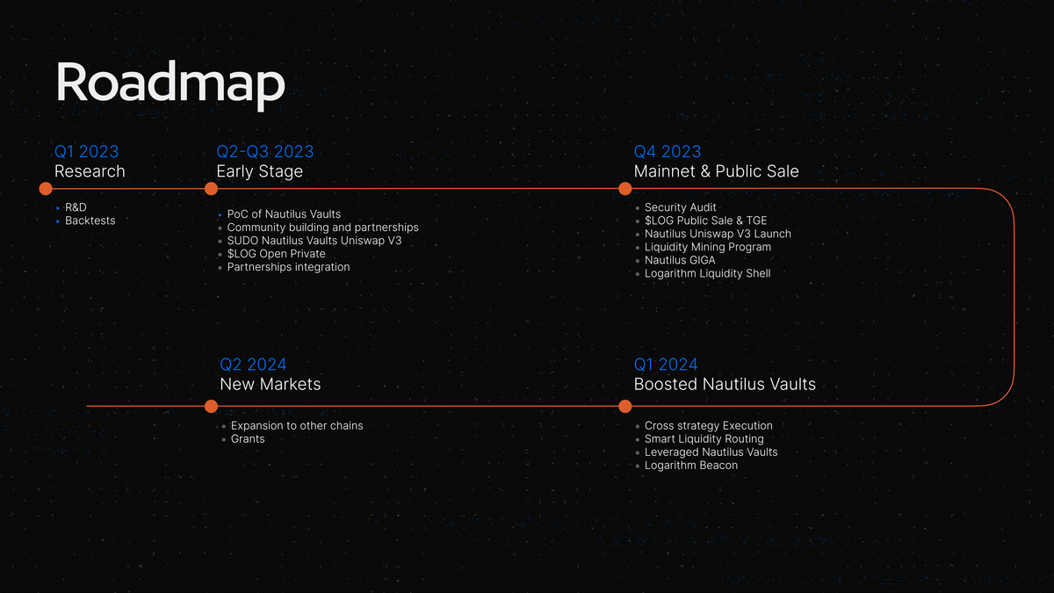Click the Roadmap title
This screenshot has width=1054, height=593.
pos(170,84)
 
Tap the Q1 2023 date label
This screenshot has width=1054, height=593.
pos(87,151)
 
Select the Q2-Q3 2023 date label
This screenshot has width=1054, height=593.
pos(265,151)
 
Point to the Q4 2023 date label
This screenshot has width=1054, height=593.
pos(668,151)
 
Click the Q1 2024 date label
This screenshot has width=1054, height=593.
pos(666,365)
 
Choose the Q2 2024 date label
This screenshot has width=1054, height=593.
pos(253,365)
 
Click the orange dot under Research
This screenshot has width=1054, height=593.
pos(46,189)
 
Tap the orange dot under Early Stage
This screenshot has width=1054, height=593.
pos(212,189)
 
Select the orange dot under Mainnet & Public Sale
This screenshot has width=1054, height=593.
pos(624,189)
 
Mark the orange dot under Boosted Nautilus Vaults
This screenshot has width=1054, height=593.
pos(624,406)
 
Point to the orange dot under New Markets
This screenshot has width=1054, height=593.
pos(212,406)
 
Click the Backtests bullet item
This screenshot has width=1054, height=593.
pos(90,221)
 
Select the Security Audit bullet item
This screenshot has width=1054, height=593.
pos(680,207)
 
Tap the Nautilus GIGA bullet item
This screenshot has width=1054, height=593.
pos(680,260)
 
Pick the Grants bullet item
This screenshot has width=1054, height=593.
pos(248,438)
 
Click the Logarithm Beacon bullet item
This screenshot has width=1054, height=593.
pos(690,466)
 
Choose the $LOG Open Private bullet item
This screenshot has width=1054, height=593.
pos(276,254)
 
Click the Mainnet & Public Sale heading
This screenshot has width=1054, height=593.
pos(716,171)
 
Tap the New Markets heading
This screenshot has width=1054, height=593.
pos(271,384)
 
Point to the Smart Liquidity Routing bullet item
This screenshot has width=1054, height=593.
pos(704,439)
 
